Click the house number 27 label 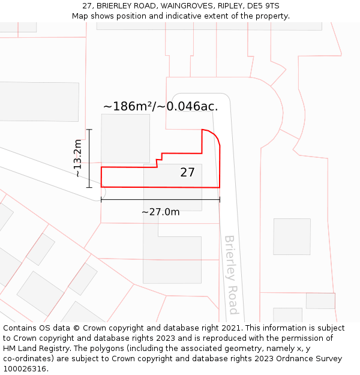[x=187, y=173]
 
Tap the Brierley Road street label [x=231, y=274]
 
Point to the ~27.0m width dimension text [x=160, y=212]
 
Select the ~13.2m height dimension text [x=78, y=158]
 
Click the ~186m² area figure [x=128, y=107]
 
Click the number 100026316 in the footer [x=26, y=368]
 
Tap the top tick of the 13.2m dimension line [x=89, y=129]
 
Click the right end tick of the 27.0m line [x=220, y=200]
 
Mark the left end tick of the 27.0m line [x=101, y=200]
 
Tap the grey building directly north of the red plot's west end [x=125, y=138]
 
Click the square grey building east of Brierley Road [x=292, y=236]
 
